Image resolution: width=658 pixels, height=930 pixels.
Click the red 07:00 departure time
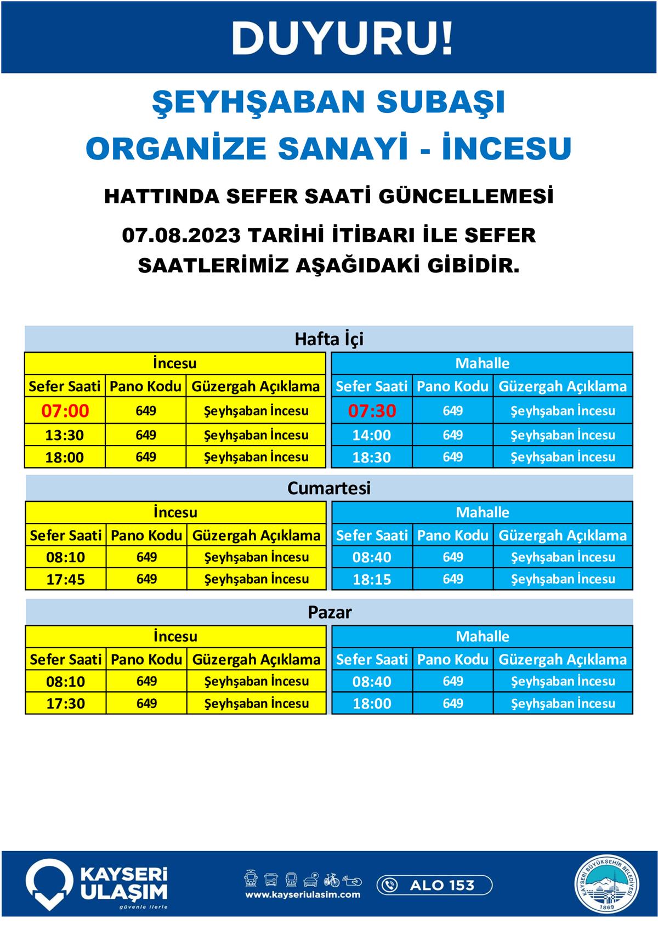(x=65, y=410)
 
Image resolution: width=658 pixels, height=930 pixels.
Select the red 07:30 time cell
(x=372, y=410)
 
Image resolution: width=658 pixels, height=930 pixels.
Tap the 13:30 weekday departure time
(x=65, y=435)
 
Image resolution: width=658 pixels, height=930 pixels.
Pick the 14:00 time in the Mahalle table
(x=372, y=435)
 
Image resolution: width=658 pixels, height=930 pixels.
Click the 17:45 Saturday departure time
(x=65, y=579)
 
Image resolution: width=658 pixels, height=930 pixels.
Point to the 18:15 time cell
(x=372, y=579)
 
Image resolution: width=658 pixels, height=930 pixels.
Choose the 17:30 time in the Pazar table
(x=65, y=704)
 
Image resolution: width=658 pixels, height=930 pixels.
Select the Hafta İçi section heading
(x=329, y=339)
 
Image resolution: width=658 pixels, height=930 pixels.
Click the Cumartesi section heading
(x=329, y=488)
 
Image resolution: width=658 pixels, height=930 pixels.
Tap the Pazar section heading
(x=330, y=612)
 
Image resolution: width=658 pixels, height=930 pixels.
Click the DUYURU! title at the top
(x=343, y=38)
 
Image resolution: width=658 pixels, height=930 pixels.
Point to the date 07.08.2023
(x=181, y=235)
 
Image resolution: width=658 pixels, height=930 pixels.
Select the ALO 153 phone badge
(x=434, y=885)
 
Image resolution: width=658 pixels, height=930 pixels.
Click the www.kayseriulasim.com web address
(x=303, y=895)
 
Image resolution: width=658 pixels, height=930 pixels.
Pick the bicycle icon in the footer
(x=331, y=880)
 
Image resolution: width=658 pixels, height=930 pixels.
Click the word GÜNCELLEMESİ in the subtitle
(x=466, y=196)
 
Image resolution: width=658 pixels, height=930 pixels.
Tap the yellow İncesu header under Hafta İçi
(x=175, y=363)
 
